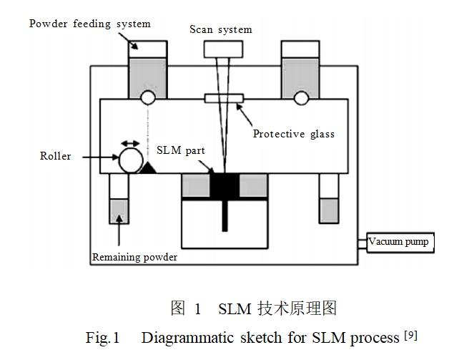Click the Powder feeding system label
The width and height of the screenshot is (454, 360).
tap(89, 24)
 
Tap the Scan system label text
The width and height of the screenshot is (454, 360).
tap(220, 29)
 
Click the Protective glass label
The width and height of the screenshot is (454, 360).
tap(293, 134)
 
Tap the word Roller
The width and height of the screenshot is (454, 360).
tap(55, 155)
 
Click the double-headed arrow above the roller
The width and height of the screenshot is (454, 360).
tap(129, 144)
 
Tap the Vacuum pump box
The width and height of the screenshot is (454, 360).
tap(398, 242)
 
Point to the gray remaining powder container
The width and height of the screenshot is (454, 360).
tap(118, 211)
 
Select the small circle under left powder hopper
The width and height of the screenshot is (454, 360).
tap(148, 97)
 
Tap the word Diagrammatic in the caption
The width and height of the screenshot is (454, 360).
tap(182, 338)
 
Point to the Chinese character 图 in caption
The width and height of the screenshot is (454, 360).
tap(178, 308)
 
